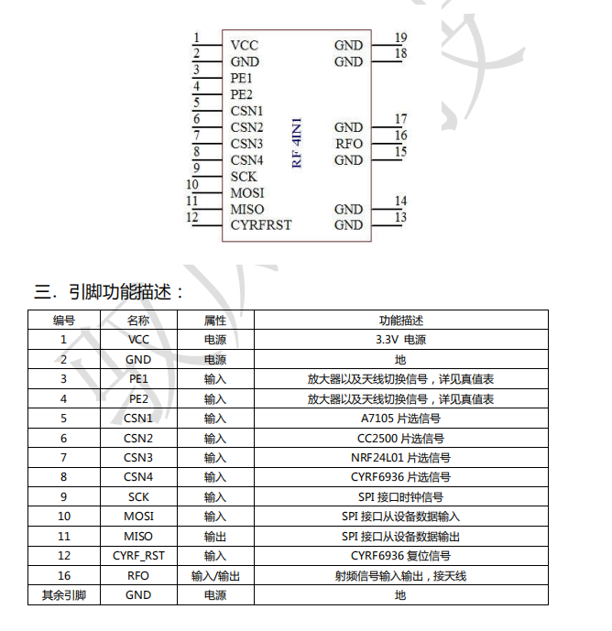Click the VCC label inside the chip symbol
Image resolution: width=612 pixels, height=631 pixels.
[x=244, y=45]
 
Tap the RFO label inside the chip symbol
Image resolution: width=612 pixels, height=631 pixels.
[x=349, y=144]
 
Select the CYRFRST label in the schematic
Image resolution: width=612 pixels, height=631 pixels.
[x=261, y=225]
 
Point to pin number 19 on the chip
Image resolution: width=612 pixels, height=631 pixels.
[x=400, y=38]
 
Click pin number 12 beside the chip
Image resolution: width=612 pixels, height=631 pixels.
[x=192, y=217]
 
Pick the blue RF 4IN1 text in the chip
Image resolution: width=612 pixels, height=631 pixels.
[x=296, y=143]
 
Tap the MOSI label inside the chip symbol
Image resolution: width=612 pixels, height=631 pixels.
[x=247, y=192]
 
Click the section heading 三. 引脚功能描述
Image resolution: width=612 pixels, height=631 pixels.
[x=109, y=292]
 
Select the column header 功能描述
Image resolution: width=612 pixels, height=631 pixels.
[x=401, y=321]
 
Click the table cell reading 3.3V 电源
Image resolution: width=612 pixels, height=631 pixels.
[x=400, y=340]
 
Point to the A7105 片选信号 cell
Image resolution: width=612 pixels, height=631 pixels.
[x=400, y=419]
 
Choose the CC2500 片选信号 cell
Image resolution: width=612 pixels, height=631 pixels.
[x=400, y=439]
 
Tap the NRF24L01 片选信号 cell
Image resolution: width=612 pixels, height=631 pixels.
[x=400, y=458]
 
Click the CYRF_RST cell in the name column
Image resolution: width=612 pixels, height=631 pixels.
[x=138, y=556]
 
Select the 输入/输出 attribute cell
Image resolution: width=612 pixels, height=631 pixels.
[x=215, y=576]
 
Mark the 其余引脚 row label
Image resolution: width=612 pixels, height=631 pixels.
[x=64, y=595]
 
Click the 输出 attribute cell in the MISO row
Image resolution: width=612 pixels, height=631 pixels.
[x=215, y=537]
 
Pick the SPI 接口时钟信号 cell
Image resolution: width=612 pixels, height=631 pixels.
[x=400, y=497]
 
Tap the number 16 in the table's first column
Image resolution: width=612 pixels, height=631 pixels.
[x=64, y=576]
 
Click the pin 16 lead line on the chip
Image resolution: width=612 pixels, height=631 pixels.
[x=387, y=144]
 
